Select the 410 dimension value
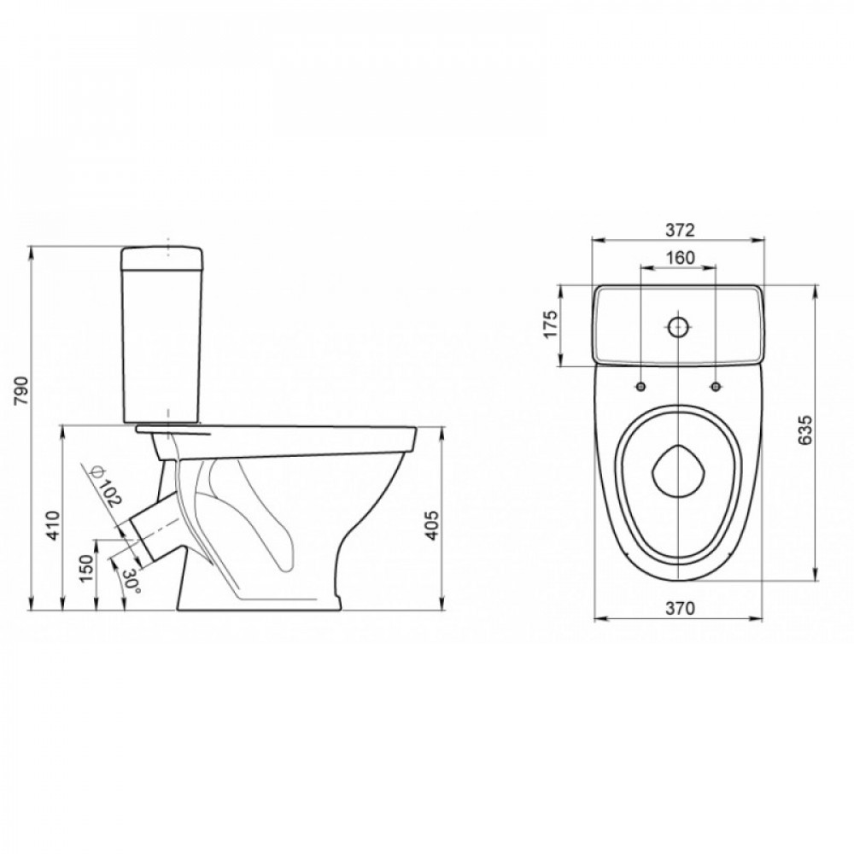point(53,525)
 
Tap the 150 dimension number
point(87,568)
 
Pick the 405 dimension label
point(431,525)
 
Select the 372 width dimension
point(681,231)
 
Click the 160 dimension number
point(680,257)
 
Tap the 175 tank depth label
point(552,325)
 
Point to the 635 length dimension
point(805,431)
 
